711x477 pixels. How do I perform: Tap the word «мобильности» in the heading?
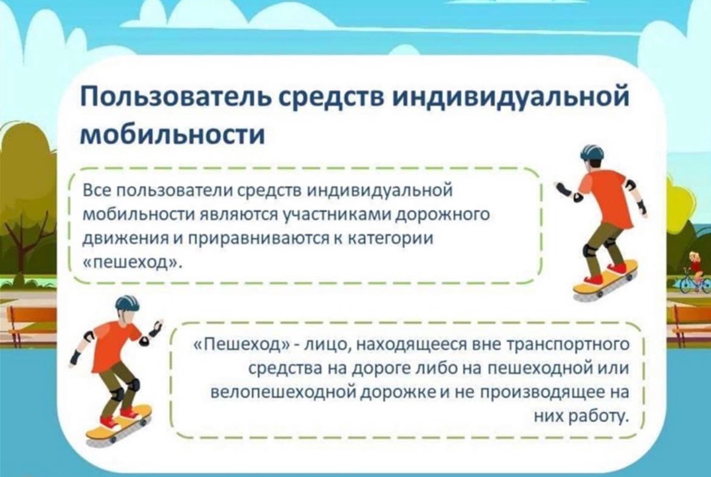pyautogui.click(x=172, y=134)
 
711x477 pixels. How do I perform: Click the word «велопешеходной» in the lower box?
pyautogui.click(x=283, y=393)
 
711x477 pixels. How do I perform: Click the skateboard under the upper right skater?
pyautogui.click(x=605, y=279)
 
